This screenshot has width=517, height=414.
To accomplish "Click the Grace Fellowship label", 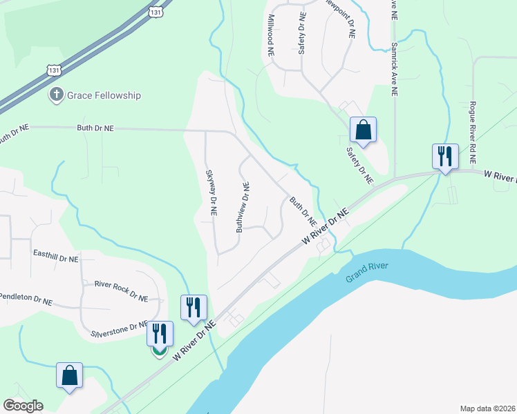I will click(104, 95).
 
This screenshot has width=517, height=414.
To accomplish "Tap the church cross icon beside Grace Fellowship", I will click(56, 95).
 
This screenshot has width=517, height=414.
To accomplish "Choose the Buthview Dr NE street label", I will click(243, 206).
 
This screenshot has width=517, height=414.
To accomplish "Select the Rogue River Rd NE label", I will click(473, 131).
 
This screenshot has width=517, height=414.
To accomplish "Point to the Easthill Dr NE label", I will click(56, 257).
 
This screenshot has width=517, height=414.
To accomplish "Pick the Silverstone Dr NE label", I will click(120, 330).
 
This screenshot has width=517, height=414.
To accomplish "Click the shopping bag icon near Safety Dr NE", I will click(363, 130).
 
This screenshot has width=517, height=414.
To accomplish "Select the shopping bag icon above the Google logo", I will click(69, 375).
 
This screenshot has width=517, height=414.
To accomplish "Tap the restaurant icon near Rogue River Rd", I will click(445, 156).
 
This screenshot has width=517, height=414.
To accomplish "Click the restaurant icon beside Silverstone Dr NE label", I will click(160, 334).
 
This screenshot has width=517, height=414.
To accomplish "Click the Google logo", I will click(23, 406).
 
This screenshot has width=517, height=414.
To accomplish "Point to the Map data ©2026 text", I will click(487, 408).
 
